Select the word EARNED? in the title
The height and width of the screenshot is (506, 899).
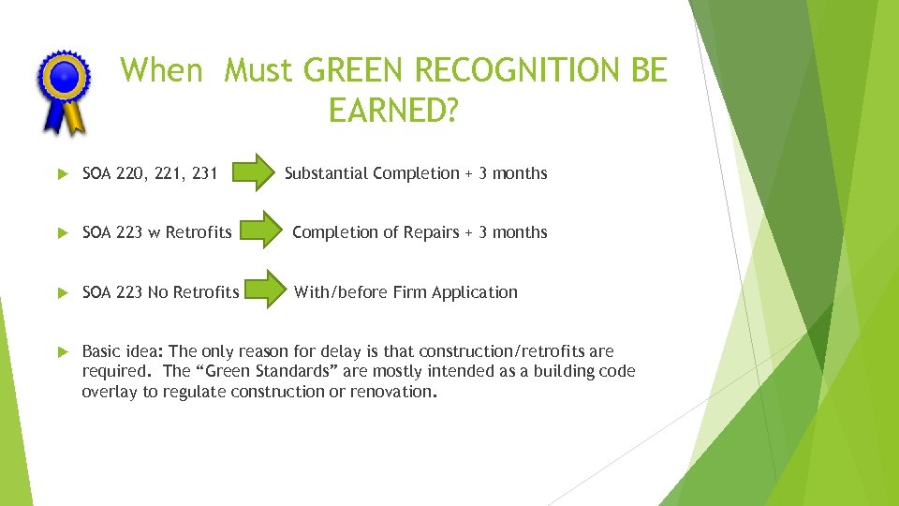point(393,111)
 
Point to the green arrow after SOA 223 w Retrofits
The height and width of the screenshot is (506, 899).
point(262,232)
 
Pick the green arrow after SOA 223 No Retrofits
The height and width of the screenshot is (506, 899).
point(265,291)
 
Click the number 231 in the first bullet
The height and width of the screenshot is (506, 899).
point(203,173)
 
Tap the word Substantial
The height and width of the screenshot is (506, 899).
point(327,173)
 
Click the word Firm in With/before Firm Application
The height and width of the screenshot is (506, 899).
point(409,292)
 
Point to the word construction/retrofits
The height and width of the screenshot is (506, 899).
point(502,351)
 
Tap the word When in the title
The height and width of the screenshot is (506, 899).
point(161,70)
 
